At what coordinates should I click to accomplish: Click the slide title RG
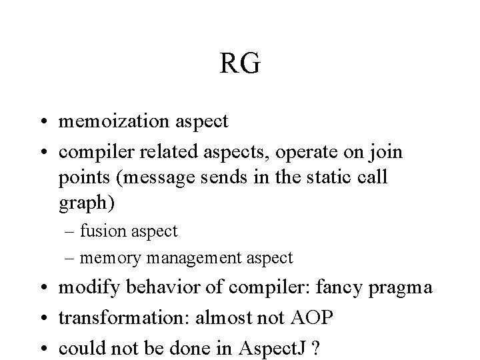click(240, 65)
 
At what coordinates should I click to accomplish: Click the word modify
click(85, 288)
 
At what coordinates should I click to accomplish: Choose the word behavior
click(148, 288)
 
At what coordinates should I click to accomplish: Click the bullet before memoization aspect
click(45, 123)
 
